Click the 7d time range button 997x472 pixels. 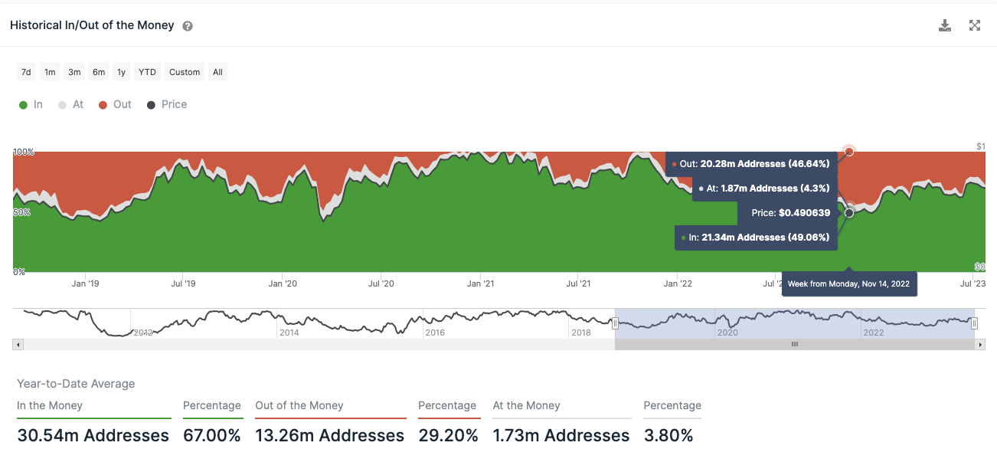[26, 72]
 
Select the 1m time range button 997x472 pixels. [50, 72]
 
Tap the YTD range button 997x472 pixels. [147, 72]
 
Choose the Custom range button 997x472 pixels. [185, 72]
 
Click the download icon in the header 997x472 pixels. [945, 25]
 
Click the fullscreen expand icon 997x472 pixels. [975, 25]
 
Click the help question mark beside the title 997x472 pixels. [188, 26]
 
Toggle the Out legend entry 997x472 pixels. [116, 104]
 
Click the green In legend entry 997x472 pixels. [31, 104]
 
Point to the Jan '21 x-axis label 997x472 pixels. [480, 284]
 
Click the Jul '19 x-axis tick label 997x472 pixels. [183, 284]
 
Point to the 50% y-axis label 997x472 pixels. [21, 212]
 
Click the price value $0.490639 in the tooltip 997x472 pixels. [804, 212]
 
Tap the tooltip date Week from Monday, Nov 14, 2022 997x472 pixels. [848, 284]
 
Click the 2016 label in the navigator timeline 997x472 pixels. [435, 333]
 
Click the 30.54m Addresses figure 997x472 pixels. [93, 436]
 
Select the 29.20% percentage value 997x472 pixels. [448, 436]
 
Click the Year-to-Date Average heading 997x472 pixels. [76, 384]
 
